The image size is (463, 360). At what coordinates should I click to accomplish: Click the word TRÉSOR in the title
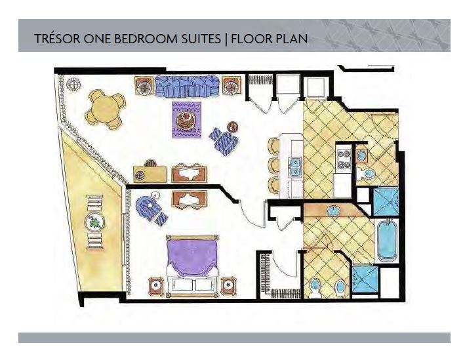pos(57,39)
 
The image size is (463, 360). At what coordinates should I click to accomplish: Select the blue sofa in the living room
pos(187,86)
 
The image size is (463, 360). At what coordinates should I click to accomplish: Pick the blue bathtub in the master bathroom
pos(386,240)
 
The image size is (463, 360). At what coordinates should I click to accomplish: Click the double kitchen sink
pos(294,167)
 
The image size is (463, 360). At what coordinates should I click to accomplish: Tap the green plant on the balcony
pos(95,222)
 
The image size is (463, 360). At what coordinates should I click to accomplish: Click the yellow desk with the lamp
pos(150,174)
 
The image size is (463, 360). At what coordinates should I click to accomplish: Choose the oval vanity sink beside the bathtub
pos(334,210)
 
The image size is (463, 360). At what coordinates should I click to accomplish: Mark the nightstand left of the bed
pos(156,286)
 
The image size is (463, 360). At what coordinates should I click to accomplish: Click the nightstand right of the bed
pos(228,286)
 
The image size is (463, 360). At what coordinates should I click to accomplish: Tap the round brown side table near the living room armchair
pos(233,127)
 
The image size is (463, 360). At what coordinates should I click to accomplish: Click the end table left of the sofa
pos(145,86)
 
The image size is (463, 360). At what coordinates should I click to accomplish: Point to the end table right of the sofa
pos(231,86)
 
